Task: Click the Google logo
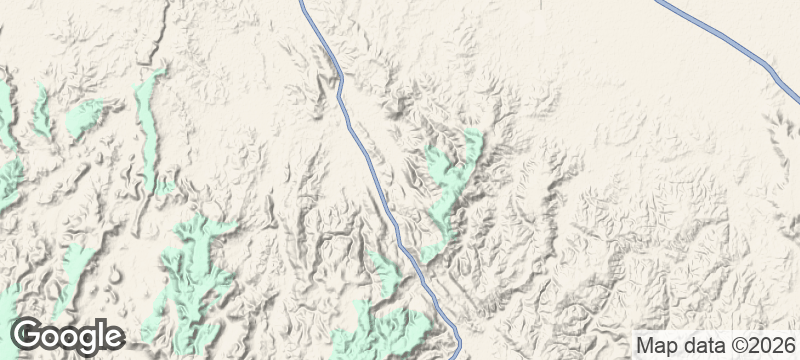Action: tap(68, 337)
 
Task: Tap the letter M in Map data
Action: tap(644, 346)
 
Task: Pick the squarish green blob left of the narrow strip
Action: tap(84, 118)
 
